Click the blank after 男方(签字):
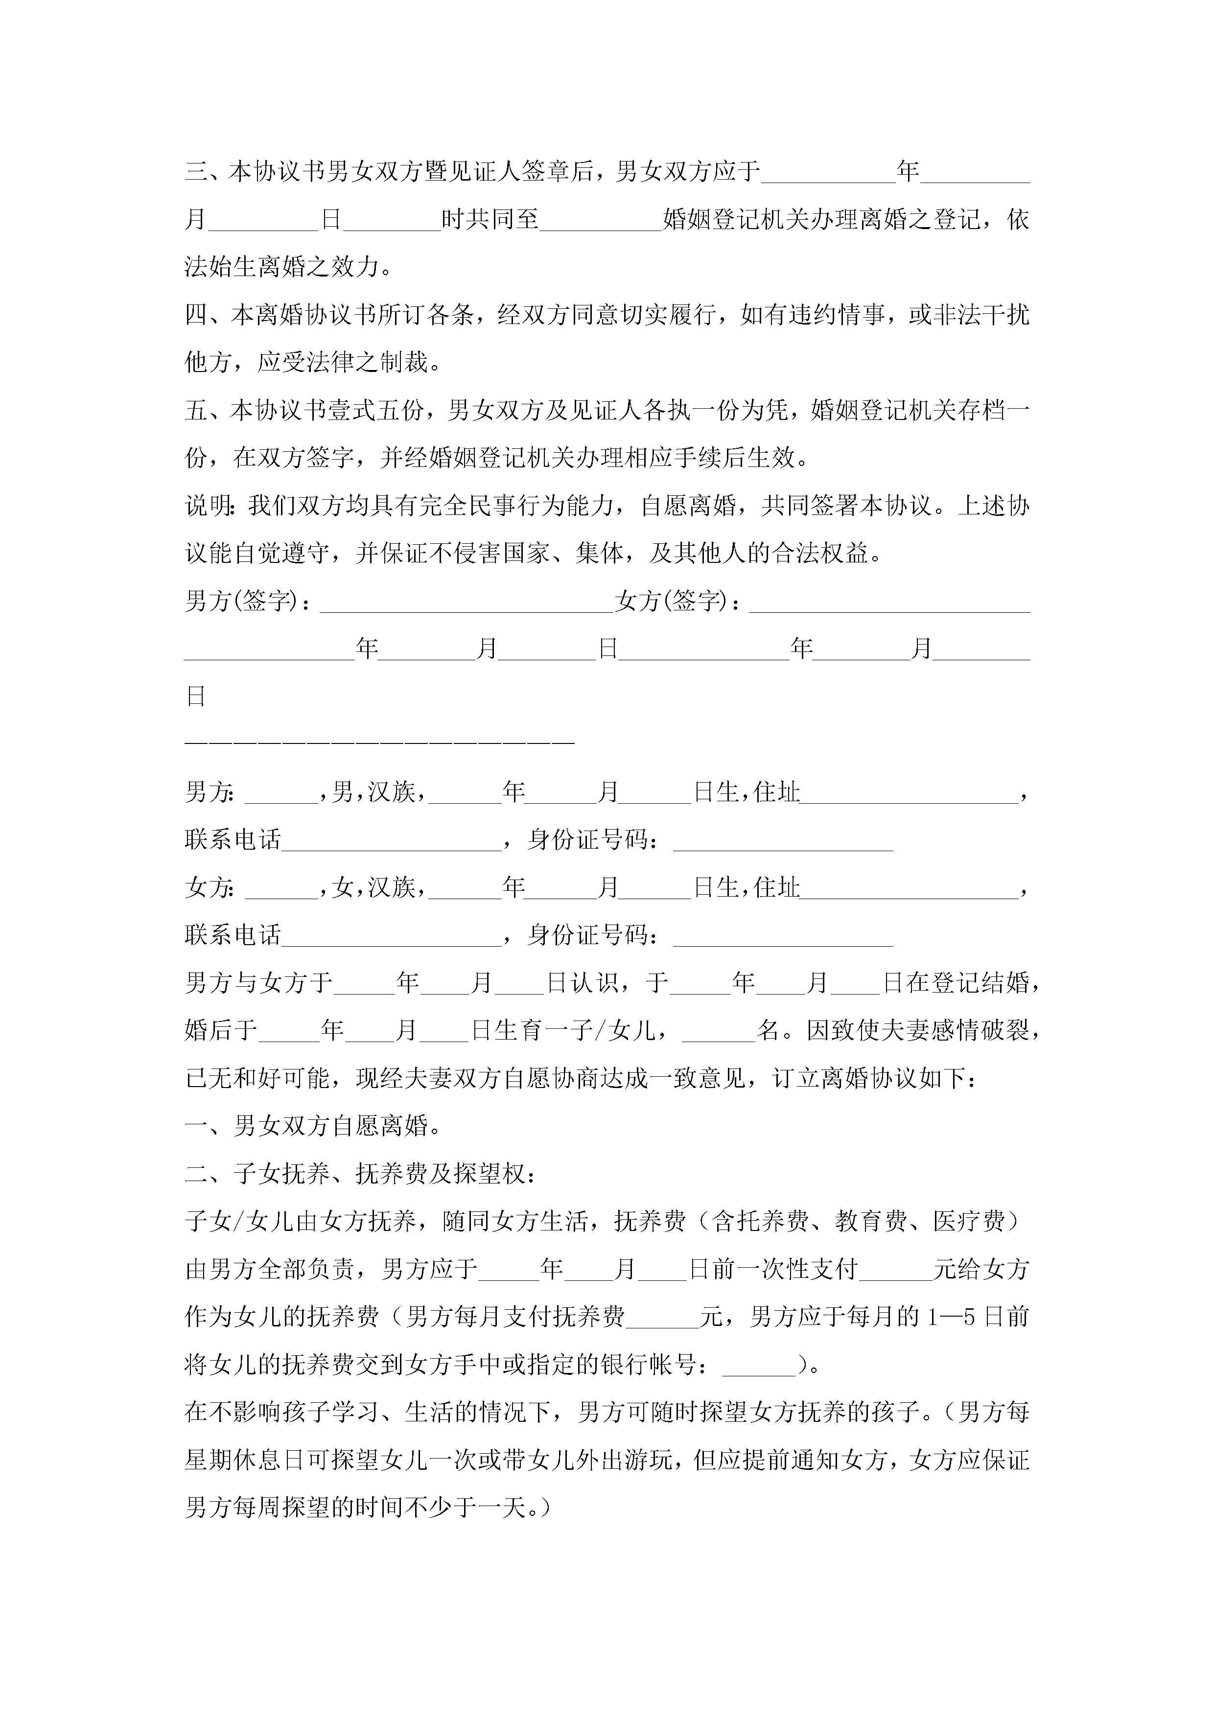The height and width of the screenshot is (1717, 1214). click(467, 602)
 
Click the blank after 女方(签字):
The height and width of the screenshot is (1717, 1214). click(889, 602)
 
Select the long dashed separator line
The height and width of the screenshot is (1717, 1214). click(379, 742)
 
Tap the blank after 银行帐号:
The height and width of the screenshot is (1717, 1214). click(759, 1366)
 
